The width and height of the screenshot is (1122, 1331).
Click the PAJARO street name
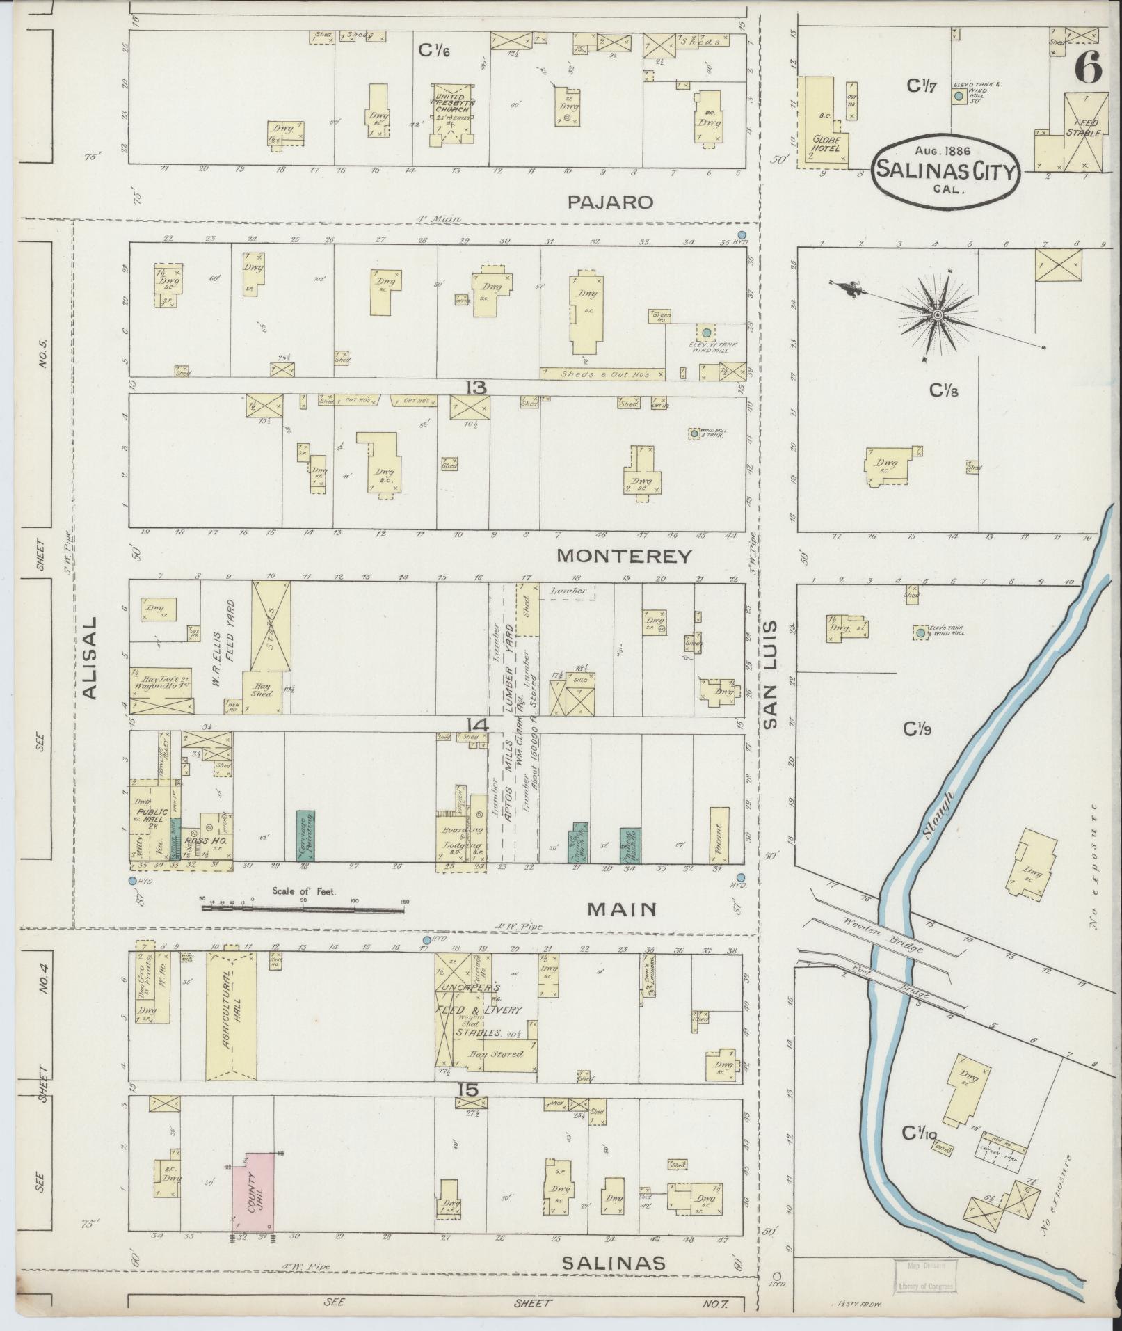(x=610, y=202)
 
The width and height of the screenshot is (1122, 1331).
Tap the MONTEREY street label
(x=625, y=556)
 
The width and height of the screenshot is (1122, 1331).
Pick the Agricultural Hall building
(x=230, y=1020)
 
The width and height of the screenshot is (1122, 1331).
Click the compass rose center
(x=937, y=316)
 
